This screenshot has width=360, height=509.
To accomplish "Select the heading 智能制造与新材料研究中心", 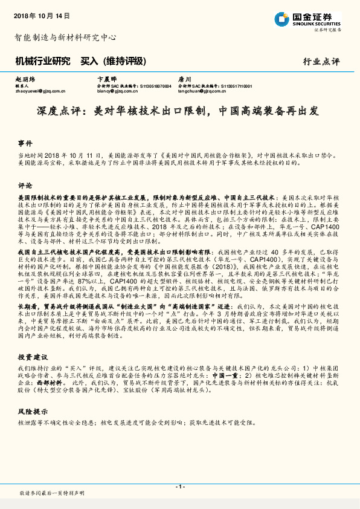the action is click(65, 37).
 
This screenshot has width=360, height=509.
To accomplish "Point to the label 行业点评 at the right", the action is click(321, 62).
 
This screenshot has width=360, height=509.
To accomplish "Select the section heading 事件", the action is click(25, 143).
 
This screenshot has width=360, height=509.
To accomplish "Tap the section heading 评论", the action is click(25, 185).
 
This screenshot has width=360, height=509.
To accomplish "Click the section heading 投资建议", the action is click(31, 357).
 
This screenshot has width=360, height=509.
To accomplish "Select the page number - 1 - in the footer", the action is click(179, 487).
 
